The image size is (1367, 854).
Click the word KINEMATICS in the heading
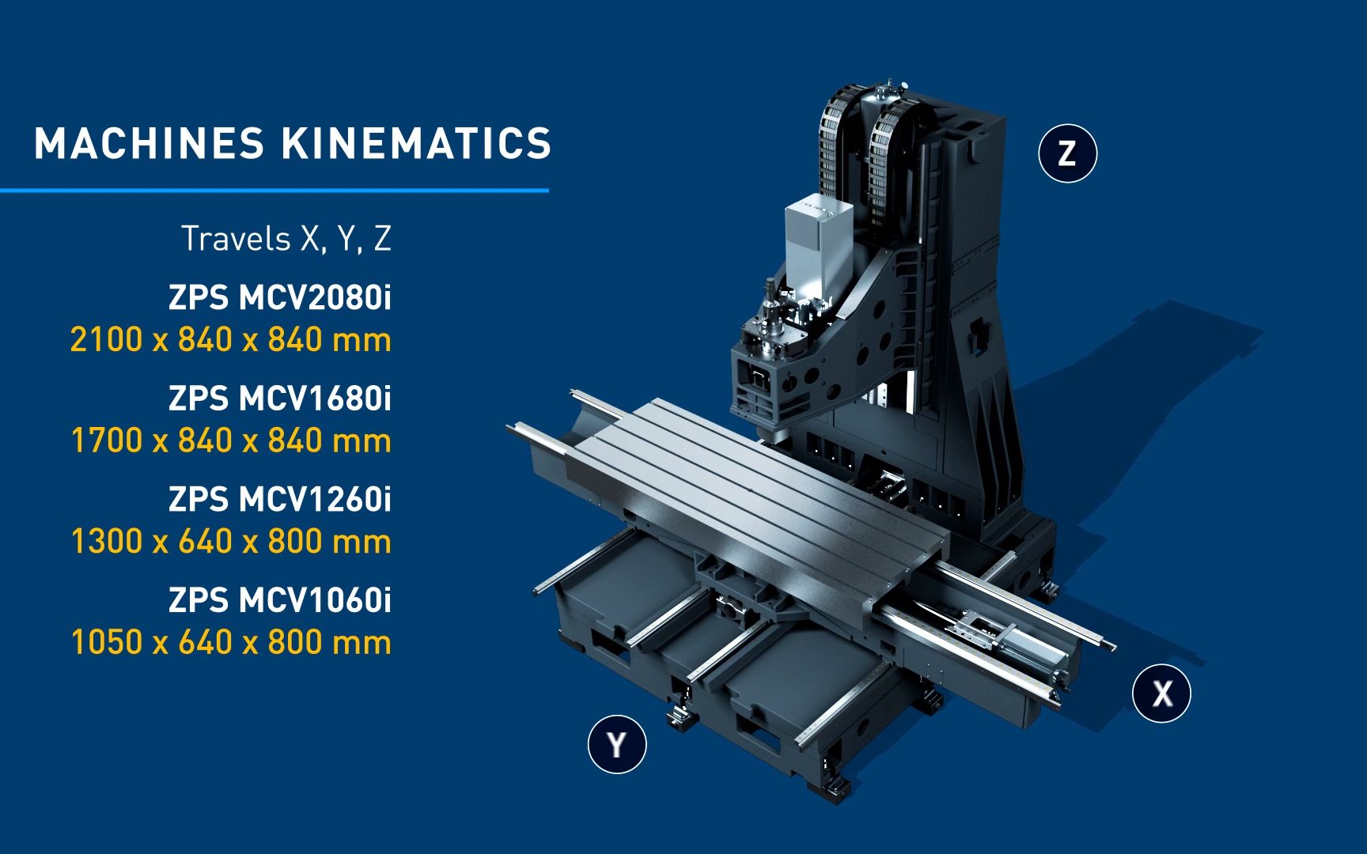point(415,144)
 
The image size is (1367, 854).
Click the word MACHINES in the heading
point(149,144)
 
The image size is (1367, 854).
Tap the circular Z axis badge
point(1067,153)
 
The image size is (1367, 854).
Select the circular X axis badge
point(1161,693)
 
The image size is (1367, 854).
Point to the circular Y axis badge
point(617,744)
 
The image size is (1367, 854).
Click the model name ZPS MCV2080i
point(280,298)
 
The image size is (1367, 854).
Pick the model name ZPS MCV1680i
point(280,399)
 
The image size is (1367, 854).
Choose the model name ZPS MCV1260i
point(280,500)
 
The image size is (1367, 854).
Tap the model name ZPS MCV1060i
point(280,600)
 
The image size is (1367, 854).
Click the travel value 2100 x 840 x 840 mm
point(231,340)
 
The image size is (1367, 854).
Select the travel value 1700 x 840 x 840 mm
point(231,440)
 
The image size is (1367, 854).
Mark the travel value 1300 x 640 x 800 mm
point(231,542)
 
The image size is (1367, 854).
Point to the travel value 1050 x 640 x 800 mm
point(231,642)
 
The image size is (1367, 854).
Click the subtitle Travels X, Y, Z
point(286,239)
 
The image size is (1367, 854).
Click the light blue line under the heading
point(275,190)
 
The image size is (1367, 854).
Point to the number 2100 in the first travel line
point(106,340)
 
